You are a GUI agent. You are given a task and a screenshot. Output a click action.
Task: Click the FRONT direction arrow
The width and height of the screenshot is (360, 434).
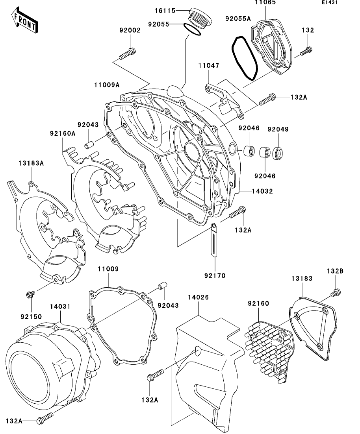[25, 21]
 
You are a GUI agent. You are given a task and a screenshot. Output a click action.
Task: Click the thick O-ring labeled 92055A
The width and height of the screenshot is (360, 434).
[244, 57]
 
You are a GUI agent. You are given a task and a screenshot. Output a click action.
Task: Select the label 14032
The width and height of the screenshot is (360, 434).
[263, 191]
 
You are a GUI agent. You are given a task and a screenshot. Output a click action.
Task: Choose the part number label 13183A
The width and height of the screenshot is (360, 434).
[30, 163]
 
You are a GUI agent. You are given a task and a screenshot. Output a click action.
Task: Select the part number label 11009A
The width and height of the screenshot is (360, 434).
[107, 85]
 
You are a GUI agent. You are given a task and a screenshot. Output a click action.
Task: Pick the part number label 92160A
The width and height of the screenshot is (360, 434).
[62, 133]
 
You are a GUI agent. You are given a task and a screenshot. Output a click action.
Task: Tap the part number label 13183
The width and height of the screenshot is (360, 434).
[302, 279]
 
